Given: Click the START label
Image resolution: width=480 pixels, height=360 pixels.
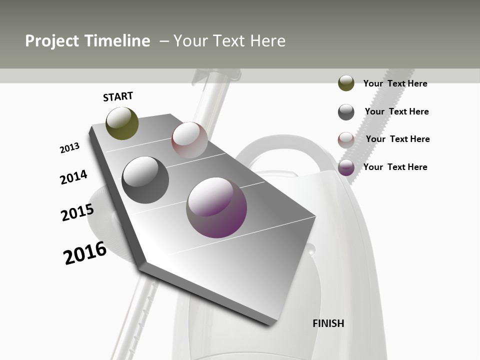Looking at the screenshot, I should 118,96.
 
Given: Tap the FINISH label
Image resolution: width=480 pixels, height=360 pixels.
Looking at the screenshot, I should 328,323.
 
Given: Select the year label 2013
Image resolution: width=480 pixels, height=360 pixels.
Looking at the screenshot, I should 69,148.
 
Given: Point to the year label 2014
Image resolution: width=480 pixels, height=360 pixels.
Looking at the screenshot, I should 73,177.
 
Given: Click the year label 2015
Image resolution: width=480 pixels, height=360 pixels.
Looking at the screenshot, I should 77,212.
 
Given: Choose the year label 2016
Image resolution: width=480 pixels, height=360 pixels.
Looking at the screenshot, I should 85,253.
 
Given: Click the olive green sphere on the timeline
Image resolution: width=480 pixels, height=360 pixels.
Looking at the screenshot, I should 122,123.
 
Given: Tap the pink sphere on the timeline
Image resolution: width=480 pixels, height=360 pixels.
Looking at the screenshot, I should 189,139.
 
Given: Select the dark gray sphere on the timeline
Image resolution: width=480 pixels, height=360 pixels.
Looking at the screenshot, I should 145,179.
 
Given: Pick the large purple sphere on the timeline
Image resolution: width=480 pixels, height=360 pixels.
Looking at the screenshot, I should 216,207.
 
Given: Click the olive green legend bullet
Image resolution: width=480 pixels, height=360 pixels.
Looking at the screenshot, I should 346,83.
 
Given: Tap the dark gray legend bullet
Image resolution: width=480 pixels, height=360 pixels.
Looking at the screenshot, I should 346,112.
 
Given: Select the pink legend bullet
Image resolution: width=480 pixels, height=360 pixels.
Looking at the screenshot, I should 346,140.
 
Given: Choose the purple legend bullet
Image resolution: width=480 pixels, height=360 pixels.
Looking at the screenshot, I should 346,168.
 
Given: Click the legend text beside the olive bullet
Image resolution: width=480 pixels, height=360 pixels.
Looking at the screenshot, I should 395,83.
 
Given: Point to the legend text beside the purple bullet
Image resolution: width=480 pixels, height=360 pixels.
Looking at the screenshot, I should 395,167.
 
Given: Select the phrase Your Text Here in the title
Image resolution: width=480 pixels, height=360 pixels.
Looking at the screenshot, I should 229,41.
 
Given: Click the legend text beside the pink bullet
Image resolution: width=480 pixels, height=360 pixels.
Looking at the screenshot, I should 397,139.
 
